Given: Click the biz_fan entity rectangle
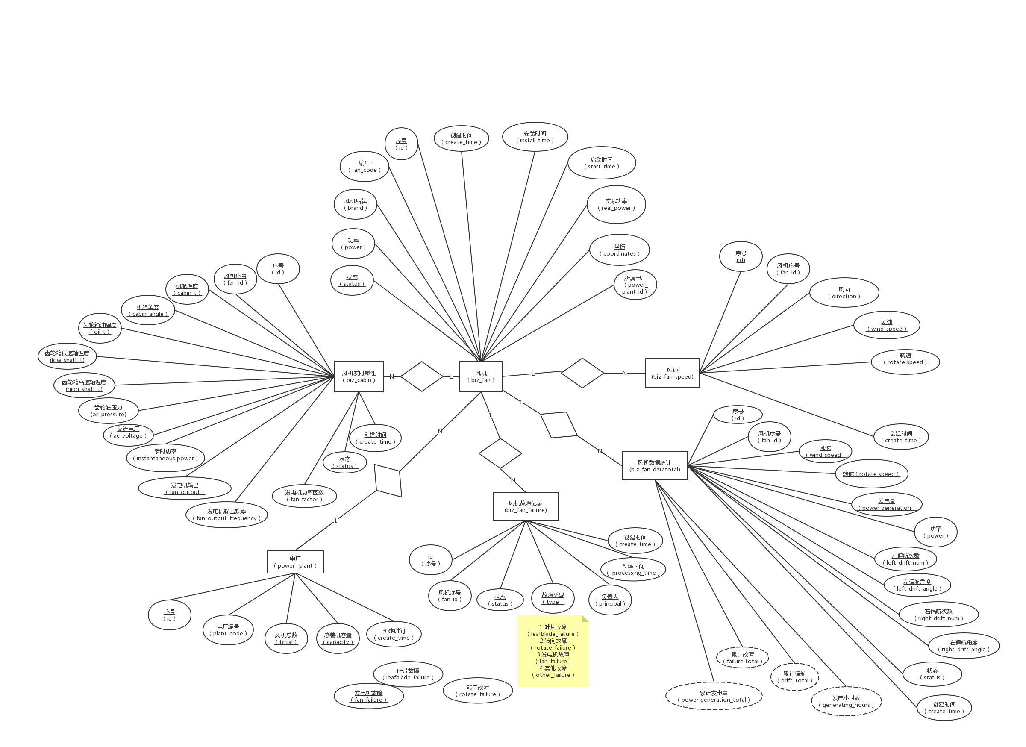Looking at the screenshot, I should [x=481, y=376].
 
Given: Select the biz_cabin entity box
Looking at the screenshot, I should [x=359, y=376].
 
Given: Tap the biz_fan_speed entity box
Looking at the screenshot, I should [x=672, y=373].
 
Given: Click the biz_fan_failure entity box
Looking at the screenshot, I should [x=526, y=506].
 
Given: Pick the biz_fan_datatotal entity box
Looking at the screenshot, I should [x=655, y=465].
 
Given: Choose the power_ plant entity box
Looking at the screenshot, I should [x=295, y=562].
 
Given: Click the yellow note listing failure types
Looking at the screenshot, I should [x=553, y=651].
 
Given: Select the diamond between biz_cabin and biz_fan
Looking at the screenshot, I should [x=422, y=376].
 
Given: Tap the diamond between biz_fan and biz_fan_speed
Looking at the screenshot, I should [x=582, y=373].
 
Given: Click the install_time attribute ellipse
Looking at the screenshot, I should [x=535, y=137].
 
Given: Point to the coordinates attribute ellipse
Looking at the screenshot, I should [x=619, y=250].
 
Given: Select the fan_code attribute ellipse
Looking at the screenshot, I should [x=364, y=167].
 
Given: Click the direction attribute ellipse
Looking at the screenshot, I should [x=844, y=293].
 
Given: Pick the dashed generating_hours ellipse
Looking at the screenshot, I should [x=846, y=701].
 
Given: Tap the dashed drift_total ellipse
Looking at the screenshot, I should [x=795, y=677].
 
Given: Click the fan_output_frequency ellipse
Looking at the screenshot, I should [x=226, y=515].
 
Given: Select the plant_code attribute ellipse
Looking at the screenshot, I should [x=228, y=630].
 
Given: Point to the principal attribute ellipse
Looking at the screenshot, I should [x=610, y=600].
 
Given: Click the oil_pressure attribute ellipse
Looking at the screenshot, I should [x=108, y=411].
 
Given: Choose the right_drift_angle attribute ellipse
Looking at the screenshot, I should [x=964, y=646].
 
